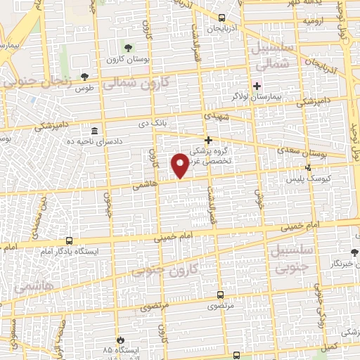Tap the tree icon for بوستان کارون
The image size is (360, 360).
tap(127, 48)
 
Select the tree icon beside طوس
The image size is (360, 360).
tap(85, 77)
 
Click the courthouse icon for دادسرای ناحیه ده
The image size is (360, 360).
tap(94, 131)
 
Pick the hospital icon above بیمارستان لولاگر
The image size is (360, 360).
tap(257, 86)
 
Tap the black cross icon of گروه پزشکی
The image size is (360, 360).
tap(208, 140)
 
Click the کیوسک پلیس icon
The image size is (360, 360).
tap(308, 167)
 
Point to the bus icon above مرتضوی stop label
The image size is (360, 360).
tap(220, 295)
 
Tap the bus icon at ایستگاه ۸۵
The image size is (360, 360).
tap(120, 339)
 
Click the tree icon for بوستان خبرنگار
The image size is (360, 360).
tap(354, 252)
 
